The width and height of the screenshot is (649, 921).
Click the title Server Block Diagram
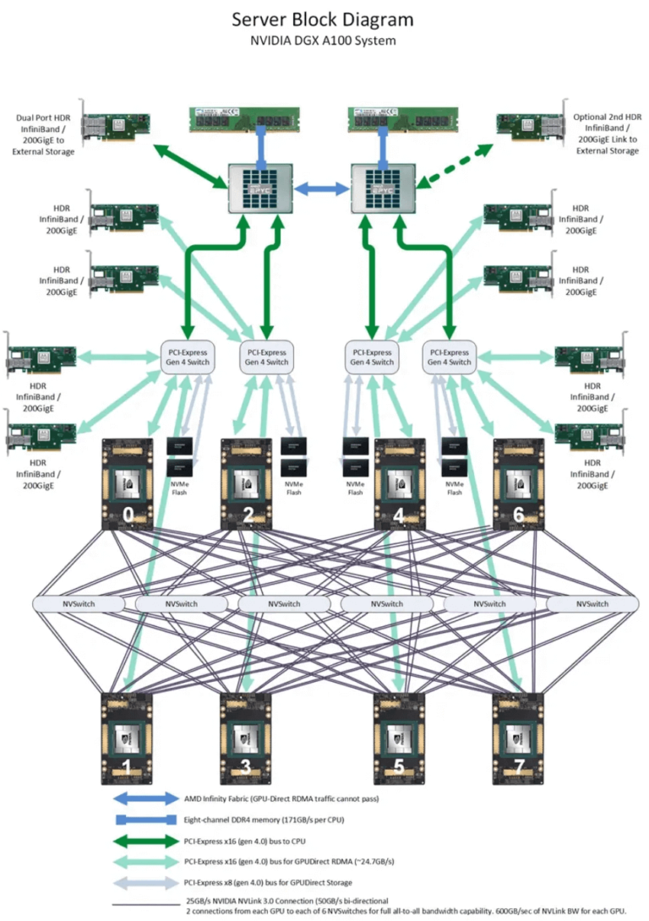click(x=324, y=19)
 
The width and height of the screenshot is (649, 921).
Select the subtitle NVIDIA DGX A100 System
click(x=324, y=40)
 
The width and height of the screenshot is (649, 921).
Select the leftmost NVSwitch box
click(x=72, y=604)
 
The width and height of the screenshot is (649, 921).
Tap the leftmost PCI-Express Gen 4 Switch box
click(x=185, y=357)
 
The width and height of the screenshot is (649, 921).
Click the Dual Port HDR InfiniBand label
click(x=43, y=134)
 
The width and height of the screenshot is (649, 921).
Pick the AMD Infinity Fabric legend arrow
click(x=143, y=798)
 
